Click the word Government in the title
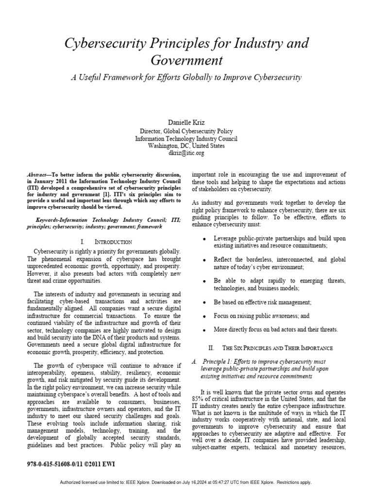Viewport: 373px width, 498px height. click(186, 60)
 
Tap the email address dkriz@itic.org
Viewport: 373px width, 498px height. click(186, 153)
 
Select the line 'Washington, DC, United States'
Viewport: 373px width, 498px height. click(186, 145)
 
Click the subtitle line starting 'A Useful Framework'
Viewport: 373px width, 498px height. click(186, 77)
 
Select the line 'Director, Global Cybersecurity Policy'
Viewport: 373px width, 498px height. click(186, 131)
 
